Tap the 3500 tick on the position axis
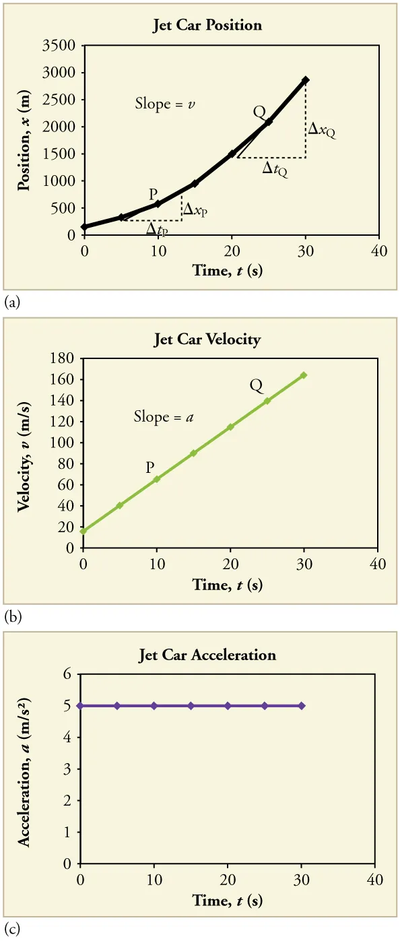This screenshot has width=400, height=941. [x=63, y=46]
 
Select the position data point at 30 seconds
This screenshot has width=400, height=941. [x=306, y=79]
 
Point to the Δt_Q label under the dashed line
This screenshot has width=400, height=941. [x=275, y=170]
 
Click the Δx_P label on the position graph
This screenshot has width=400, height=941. [x=195, y=210]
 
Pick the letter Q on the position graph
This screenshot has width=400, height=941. [x=259, y=112]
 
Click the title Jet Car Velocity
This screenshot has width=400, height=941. [x=207, y=339]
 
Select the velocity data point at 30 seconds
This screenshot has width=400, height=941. [x=304, y=375]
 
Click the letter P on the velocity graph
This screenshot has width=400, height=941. [x=151, y=467]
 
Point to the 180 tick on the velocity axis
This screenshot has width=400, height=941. [x=65, y=359]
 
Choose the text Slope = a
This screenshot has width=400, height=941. [x=164, y=418]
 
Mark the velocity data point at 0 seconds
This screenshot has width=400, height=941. [x=84, y=531]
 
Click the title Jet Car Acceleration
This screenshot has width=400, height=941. [x=207, y=655]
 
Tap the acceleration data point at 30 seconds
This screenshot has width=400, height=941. [x=302, y=705]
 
